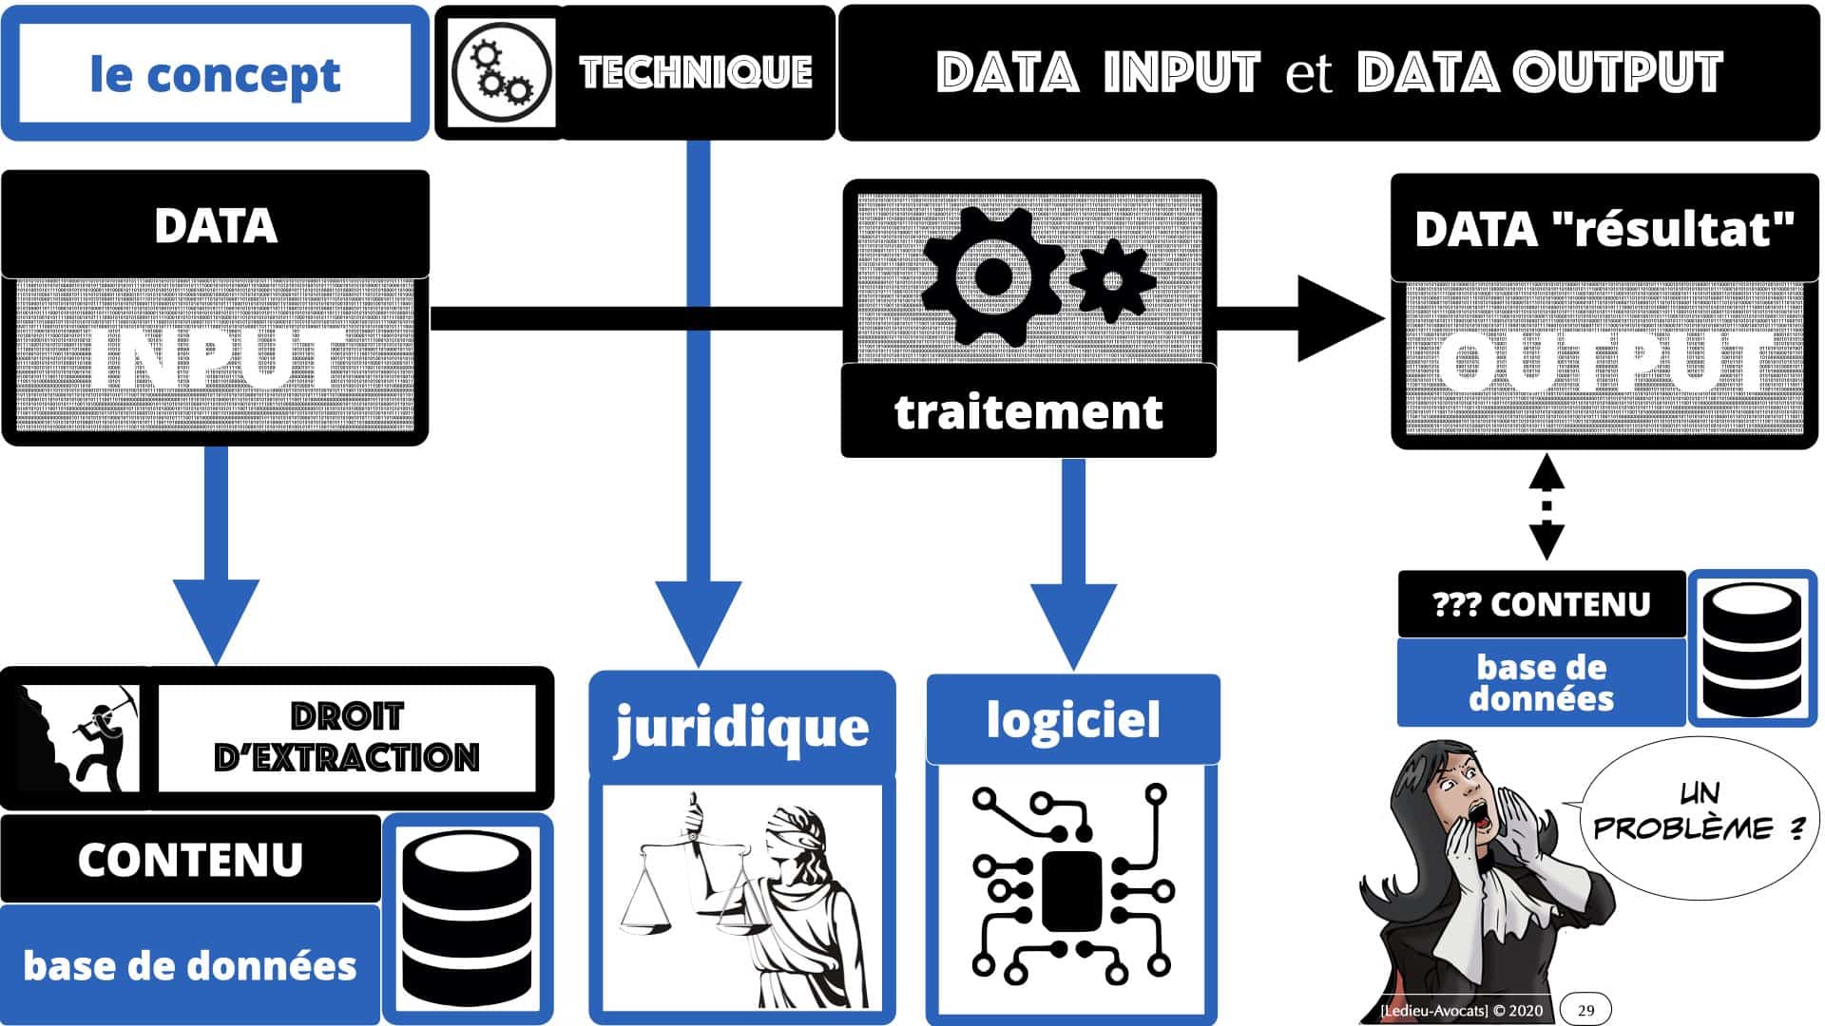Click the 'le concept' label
215,74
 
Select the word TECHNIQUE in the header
696,72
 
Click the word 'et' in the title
1309,74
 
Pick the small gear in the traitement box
1111,280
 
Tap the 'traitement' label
1028,412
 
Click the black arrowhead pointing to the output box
1340,319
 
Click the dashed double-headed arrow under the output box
1546,506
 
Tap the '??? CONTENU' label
1541,604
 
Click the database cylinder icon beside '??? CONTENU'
1752,649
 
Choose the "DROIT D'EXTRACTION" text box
347,737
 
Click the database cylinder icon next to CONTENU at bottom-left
467,918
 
